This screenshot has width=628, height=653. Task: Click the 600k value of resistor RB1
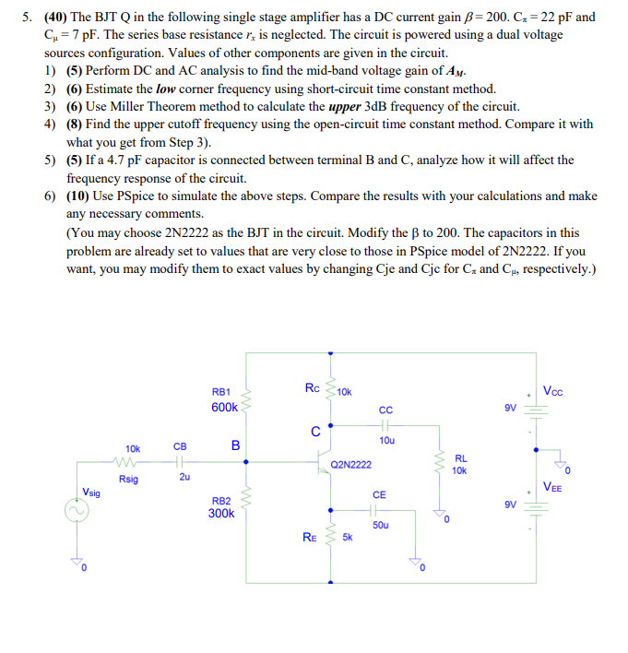pyautogui.click(x=224, y=406)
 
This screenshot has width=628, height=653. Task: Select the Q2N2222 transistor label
pyautogui.click(x=350, y=465)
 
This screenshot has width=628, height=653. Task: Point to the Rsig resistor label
pyautogui.click(x=128, y=479)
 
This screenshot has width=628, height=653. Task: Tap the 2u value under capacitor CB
pyautogui.click(x=183, y=478)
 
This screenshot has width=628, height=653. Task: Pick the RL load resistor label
pyautogui.click(x=461, y=457)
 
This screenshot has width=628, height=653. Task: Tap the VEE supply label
pyautogui.click(x=556, y=488)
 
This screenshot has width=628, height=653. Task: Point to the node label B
pyautogui.click(x=235, y=446)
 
